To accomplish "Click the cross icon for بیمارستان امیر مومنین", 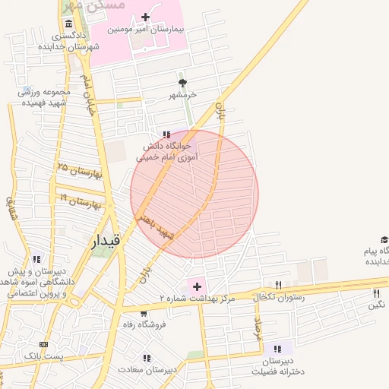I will click(x=145, y=16).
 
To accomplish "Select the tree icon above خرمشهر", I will click(x=182, y=82).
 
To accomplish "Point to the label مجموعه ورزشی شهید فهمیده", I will click(x=45, y=96).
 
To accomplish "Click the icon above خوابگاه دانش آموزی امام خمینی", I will click(x=166, y=134).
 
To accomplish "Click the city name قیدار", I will click(x=106, y=242).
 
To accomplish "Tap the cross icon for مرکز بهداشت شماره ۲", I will click(x=198, y=286).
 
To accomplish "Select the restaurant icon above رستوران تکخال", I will click(x=278, y=285).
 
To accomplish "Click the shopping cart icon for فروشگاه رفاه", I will click(x=144, y=312).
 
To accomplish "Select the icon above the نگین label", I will click(x=376, y=293).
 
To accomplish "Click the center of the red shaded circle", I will click(x=194, y=194).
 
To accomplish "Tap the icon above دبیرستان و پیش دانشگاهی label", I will click(x=36, y=259).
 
